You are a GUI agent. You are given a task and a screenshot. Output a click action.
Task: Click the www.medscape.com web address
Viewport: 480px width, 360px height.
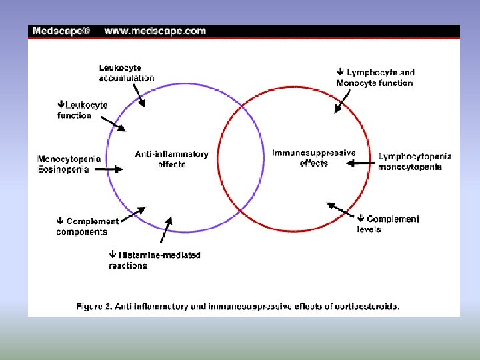tap(155, 31)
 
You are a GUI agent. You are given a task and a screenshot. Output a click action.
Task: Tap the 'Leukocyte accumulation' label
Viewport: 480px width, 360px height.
tap(126, 73)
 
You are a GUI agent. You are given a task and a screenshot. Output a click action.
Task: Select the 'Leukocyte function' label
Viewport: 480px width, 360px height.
tap(83, 110)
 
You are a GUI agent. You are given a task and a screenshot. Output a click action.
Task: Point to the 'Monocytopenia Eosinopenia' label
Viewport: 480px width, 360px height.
tap(69, 164)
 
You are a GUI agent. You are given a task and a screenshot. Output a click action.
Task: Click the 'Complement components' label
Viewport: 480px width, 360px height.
tap(87, 227)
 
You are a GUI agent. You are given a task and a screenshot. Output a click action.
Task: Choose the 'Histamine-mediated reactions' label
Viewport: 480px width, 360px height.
tap(155, 260)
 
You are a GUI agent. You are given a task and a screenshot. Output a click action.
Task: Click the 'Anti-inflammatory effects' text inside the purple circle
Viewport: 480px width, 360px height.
tap(171, 159)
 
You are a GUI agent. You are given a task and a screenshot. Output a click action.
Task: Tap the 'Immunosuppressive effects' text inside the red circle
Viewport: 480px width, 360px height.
tap(313, 158)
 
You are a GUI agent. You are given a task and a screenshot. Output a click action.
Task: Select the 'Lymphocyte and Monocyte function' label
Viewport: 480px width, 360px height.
tap(375, 78)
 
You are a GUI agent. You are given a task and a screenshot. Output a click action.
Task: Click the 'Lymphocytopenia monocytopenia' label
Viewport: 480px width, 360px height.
tap(415, 162)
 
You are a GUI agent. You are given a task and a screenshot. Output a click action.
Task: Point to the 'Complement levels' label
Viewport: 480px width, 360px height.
tap(388, 224)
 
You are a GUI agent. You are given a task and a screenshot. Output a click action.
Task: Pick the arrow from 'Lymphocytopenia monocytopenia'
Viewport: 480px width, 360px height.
tap(359, 163)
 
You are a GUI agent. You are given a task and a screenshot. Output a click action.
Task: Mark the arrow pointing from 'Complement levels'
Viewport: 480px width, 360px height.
tap(339, 209)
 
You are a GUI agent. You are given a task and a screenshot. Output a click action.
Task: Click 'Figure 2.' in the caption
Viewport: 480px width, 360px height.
tap(94, 307)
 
